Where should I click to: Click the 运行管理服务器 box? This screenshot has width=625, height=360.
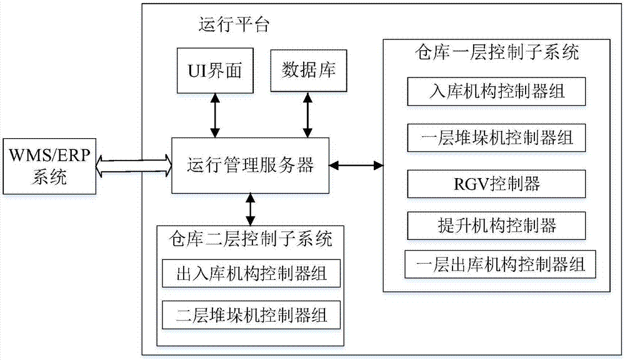[x=250, y=166]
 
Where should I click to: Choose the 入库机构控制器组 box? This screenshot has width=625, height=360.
[x=497, y=92]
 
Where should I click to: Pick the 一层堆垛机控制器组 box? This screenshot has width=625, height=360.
[x=497, y=137]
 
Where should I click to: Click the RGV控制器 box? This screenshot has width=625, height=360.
[x=497, y=183]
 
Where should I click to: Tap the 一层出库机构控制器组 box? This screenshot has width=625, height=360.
[x=497, y=264]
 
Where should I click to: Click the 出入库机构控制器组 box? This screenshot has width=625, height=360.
[x=251, y=273]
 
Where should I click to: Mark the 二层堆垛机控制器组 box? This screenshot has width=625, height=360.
[x=251, y=314]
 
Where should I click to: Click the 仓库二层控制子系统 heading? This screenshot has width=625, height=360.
[x=251, y=239]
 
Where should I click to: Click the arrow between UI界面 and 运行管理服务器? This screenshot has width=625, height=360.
[x=215, y=115]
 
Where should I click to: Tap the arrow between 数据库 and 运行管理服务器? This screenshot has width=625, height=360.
[x=307, y=115]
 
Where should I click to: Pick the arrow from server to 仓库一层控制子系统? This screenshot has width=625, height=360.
[x=356, y=166]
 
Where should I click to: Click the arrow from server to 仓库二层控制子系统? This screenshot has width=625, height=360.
[x=251, y=209]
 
